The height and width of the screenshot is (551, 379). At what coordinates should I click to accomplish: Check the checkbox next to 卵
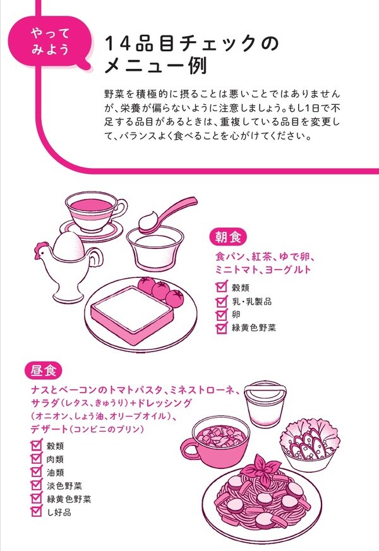220,314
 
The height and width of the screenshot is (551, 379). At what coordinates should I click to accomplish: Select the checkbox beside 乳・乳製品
220,301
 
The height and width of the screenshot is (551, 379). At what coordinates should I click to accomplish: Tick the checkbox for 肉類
36,459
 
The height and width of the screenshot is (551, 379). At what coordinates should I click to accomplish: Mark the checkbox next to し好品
36,512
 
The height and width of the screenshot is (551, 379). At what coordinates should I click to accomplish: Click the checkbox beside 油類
36,472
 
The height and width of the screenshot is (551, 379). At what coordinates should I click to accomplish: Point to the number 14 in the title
117,44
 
